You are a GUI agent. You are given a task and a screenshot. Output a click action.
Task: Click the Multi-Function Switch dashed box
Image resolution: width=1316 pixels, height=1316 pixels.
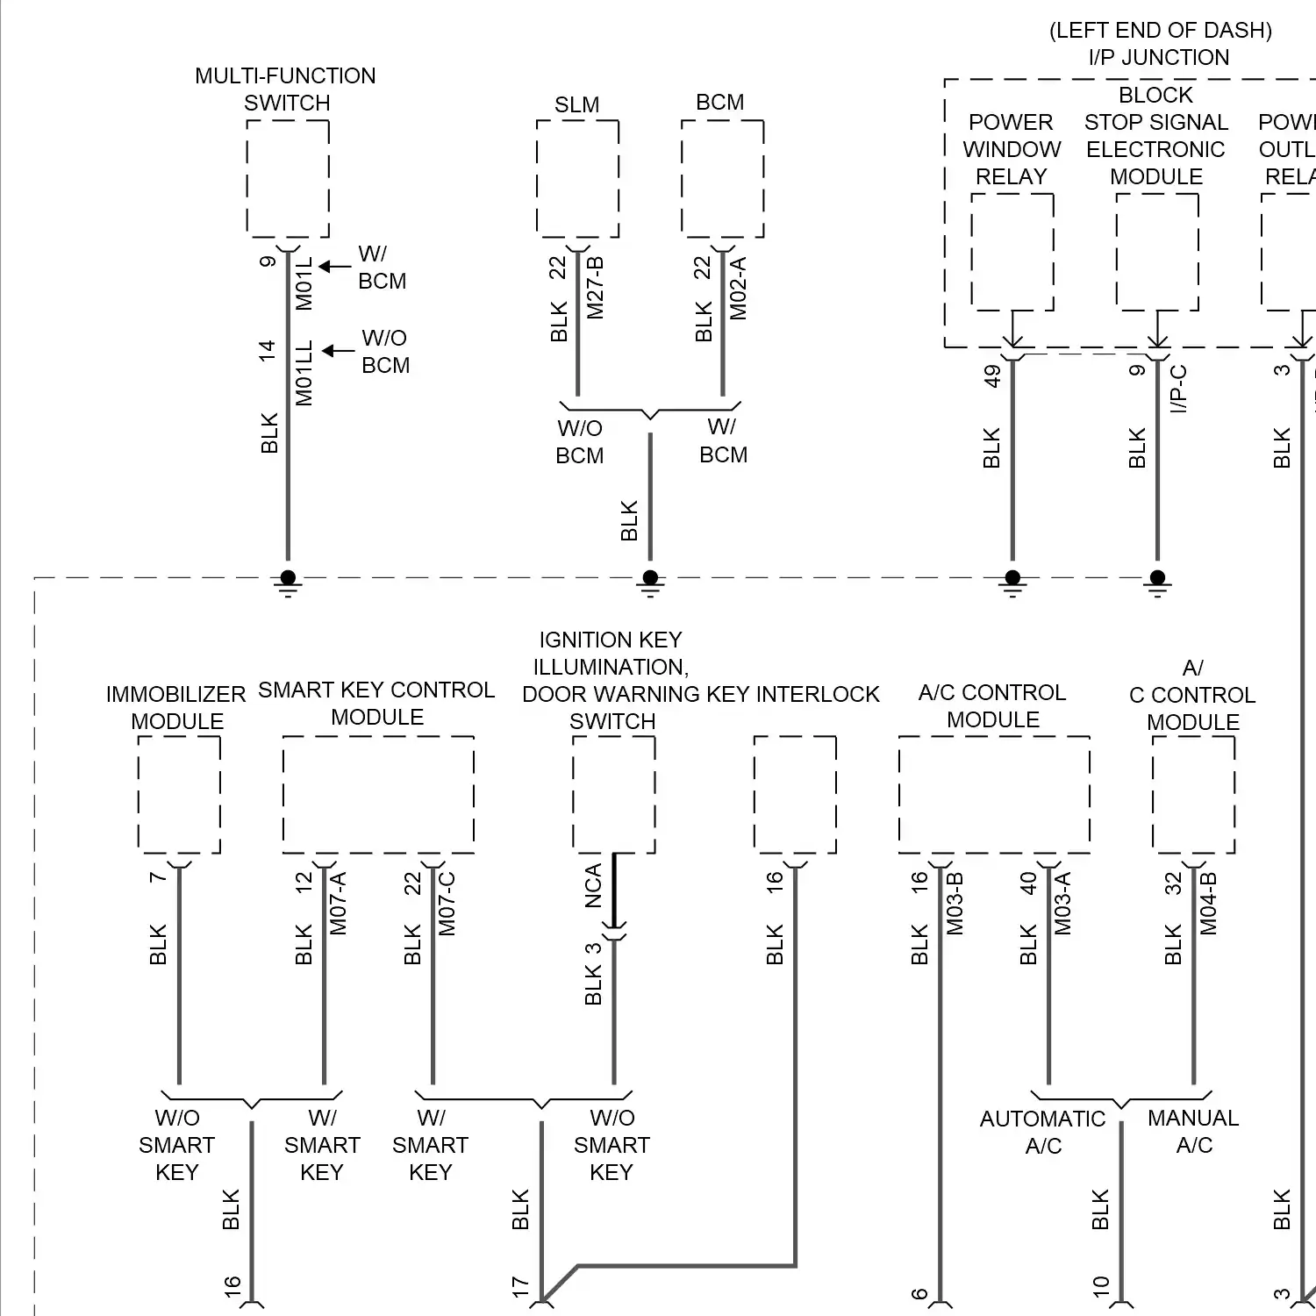[288, 179]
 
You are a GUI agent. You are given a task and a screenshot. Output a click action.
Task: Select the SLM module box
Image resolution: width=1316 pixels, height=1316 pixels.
[577, 179]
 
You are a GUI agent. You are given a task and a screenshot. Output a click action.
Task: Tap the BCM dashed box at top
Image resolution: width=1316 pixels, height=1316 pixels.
[722, 179]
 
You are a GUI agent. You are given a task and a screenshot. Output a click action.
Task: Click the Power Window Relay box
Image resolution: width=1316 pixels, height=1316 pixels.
[1012, 252]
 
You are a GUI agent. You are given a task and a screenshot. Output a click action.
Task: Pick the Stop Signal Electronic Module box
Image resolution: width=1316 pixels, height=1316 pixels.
[1157, 252]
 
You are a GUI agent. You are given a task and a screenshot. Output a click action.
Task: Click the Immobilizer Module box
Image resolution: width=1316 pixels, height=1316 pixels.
[179, 794]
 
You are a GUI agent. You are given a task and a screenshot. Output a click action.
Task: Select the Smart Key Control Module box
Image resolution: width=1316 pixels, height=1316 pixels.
[378, 794]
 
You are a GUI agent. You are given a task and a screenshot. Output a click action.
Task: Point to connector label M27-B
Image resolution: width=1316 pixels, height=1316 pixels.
[596, 288]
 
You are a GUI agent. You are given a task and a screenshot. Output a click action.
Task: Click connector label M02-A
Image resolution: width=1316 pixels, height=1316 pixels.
[739, 288]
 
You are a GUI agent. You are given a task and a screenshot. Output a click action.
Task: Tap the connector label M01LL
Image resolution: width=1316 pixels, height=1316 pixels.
[304, 374]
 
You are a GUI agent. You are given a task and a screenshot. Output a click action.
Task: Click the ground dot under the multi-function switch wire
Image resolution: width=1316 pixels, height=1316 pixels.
[288, 577]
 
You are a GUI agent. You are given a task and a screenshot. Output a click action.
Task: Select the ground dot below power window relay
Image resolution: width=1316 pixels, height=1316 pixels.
[1012, 577]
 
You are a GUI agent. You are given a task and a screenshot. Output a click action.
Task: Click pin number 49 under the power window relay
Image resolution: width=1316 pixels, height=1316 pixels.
[992, 375]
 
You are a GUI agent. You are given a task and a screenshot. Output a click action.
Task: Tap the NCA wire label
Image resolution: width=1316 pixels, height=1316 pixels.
[594, 885]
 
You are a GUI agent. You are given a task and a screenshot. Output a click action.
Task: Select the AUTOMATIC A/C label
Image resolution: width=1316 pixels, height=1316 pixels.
[1043, 1132]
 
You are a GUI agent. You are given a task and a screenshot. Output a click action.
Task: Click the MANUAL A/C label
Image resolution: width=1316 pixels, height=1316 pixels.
[1193, 1131]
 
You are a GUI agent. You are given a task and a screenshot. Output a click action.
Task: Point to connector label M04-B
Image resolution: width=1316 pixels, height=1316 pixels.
[1209, 903]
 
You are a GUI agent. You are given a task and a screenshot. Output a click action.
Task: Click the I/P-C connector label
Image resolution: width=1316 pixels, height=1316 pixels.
[1179, 389]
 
